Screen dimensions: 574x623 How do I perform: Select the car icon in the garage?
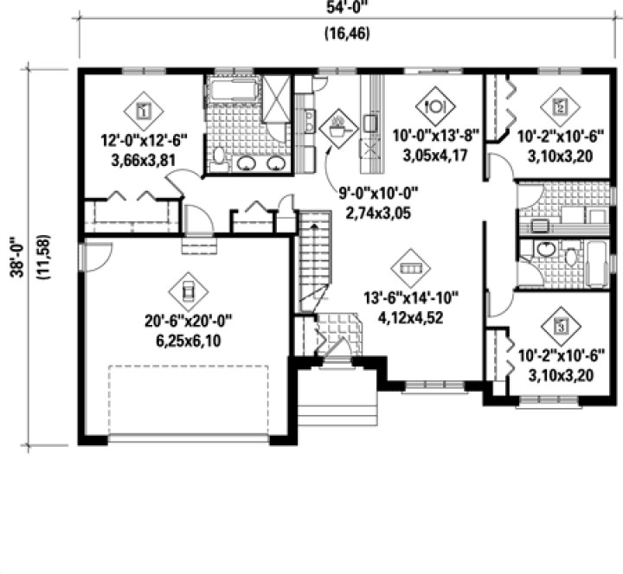pos(185,284)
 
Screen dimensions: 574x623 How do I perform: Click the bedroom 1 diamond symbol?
pos(145,109)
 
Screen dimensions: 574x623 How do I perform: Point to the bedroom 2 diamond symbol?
pos(559,107)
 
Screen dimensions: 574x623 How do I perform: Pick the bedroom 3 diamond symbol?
pos(559,326)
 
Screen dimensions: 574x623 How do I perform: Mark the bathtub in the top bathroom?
pos(231,91)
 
